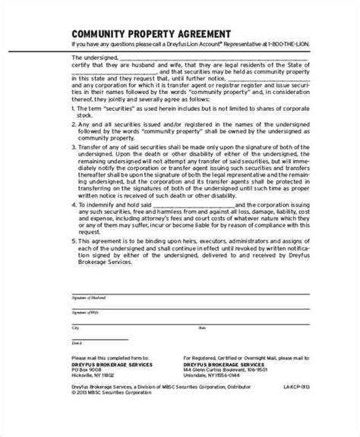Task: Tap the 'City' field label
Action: pyautogui.click(x=74, y=329)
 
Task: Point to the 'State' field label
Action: pyautogui.click(x=202, y=329)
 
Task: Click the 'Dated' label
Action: pyautogui.click(x=75, y=344)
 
